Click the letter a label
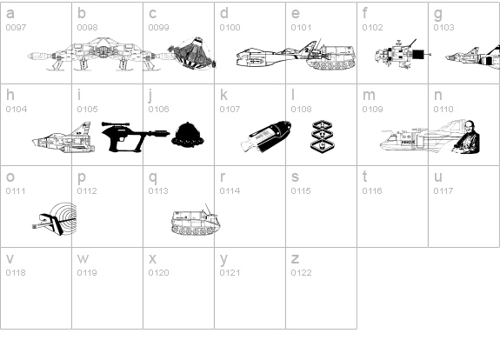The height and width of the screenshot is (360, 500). [x=10, y=13]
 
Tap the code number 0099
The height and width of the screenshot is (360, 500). [x=158, y=28]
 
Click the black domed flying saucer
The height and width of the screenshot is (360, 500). [x=188, y=135]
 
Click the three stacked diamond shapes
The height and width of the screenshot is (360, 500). [x=322, y=135]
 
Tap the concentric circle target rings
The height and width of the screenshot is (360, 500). [x=65, y=217]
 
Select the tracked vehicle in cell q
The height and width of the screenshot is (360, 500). [x=196, y=221]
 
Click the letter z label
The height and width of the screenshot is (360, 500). [x=295, y=258]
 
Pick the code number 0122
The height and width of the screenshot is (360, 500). [x=301, y=273]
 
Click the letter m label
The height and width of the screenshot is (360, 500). [x=369, y=95]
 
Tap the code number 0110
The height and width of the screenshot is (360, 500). [x=443, y=109]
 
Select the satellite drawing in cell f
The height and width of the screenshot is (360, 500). [x=403, y=54]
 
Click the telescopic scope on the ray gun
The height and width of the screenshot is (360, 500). [x=116, y=124]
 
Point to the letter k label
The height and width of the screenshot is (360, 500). [x=223, y=95]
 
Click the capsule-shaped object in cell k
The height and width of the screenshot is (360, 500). [x=265, y=137]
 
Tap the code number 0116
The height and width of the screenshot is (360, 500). [x=372, y=190]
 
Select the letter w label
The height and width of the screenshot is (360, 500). [x=83, y=258]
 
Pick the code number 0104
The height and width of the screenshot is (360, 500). [x=17, y=109]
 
